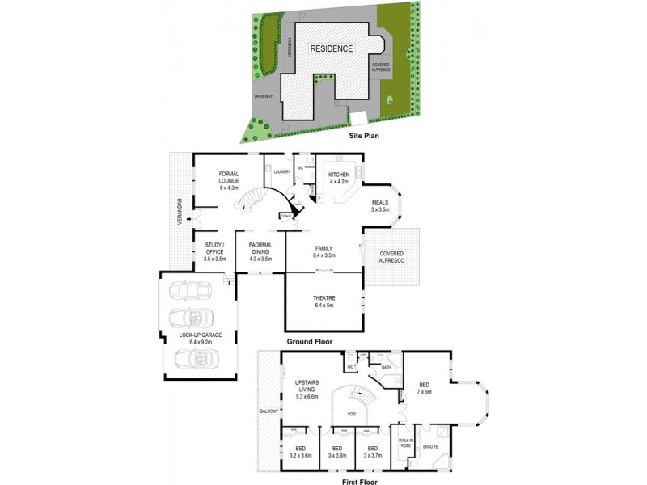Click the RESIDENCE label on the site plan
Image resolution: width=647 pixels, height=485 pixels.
pyautogui.click(x=332, y=48)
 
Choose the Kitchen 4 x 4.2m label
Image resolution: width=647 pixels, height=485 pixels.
pyautogui.click(x=337, y=178)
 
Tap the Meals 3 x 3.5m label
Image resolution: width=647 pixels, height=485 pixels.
pyautogui.click(x=380, y=206)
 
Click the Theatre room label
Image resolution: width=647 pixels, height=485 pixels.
pyautogui.click(x=323, y=302)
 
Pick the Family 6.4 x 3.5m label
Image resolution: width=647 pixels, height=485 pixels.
pyautogui.click(x=324, y=252)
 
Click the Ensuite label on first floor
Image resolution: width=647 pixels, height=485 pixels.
pyautogui.click(x=430, y=445)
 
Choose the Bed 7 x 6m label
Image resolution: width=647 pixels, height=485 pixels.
pyautogui.click(x=423, y=387)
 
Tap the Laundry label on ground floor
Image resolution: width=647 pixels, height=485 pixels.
pyautogui.click(x=282, y=171)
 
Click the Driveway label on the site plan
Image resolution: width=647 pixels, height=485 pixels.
pyautogui.click(x=264, y=96)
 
